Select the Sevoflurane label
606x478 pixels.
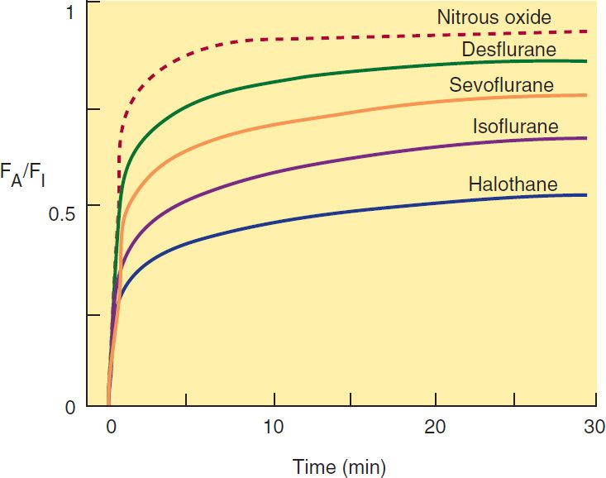click(x=501, y=85)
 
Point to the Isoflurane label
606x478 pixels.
click(x=515, y=127)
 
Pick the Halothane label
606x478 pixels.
click(x=513, y=184)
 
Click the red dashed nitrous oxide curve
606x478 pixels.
click(x=331, y=38)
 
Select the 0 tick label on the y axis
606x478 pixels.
click(x=69, y=408)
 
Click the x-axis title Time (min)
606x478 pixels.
click(x=339, y=466)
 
